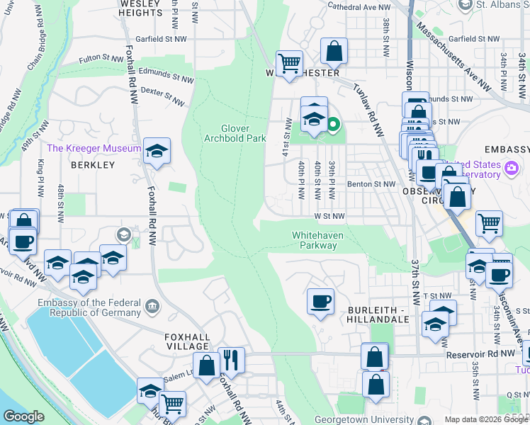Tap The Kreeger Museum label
(x=94, y=149)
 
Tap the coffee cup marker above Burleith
(x=320, y=301)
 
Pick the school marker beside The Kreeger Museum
(x=157, y=151)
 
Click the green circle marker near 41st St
(x=332, y=127)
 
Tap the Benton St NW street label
(x=371, y=184)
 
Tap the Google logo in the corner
(x=24, y=416)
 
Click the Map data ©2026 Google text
(x=477, y=419)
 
